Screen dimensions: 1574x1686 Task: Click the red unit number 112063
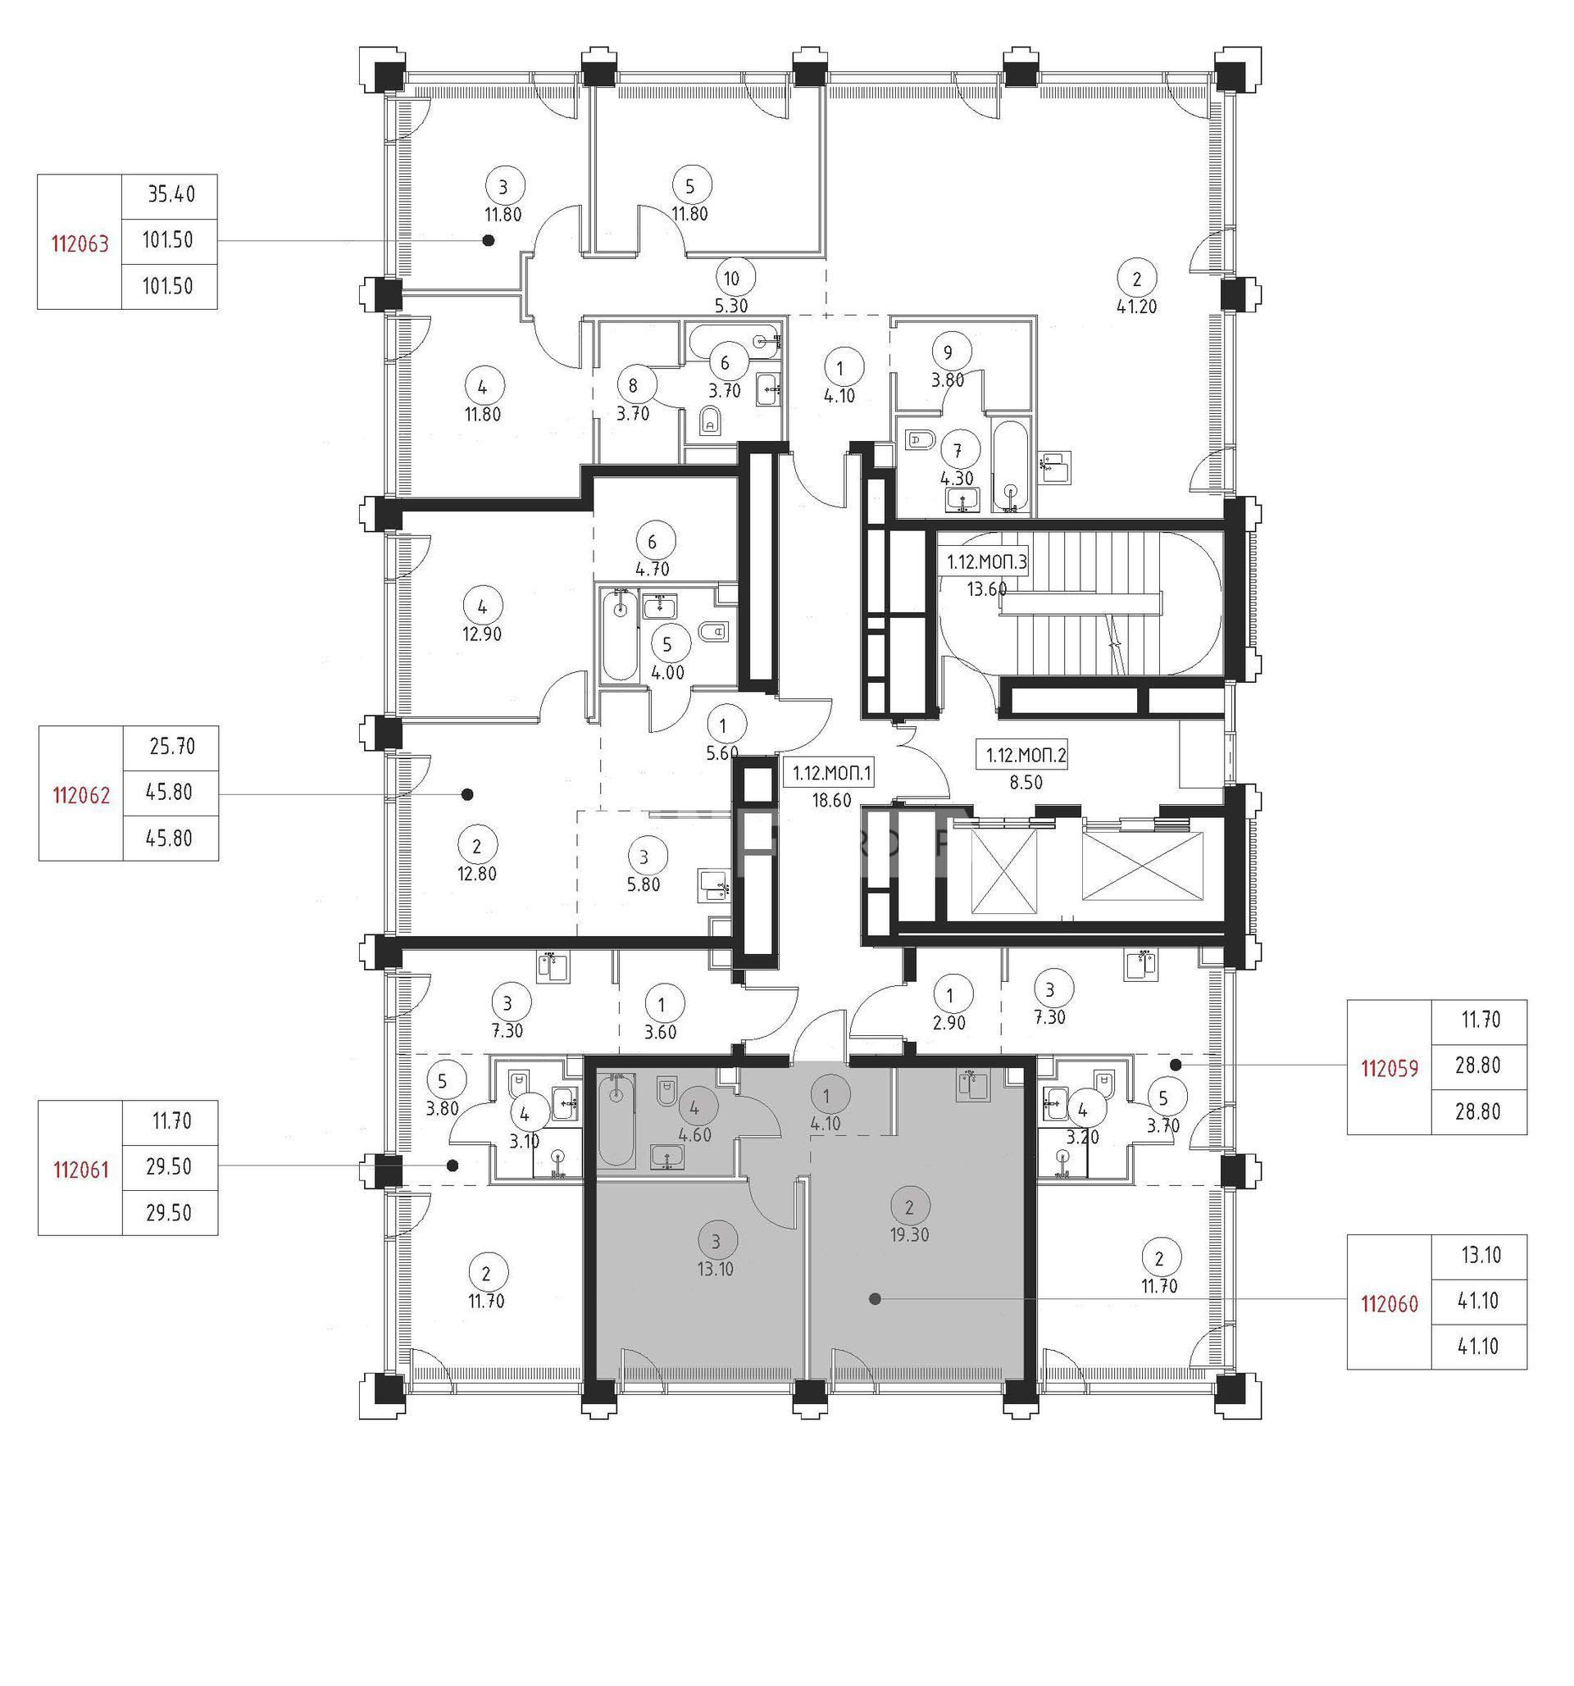(80, 244)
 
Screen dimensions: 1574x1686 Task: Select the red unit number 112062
(81, 796)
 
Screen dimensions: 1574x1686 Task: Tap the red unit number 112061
(80, 1170)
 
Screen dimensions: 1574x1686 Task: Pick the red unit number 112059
(1389, 1070)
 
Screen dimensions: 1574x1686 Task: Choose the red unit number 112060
(1389, 1304)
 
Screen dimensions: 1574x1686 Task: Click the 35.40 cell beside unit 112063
(171, 195)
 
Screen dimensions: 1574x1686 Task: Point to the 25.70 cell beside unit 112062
(171, 747)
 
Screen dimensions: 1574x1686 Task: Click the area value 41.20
(1136, 307)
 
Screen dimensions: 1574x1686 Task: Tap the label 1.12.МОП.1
(833, 774)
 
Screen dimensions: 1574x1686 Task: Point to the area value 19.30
(909, 1236)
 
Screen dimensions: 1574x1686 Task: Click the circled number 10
(731, 278)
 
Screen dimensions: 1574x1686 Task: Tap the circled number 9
(948, 351)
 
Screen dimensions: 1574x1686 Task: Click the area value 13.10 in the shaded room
(716, 1270)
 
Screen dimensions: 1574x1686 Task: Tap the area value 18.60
(831, 800)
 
